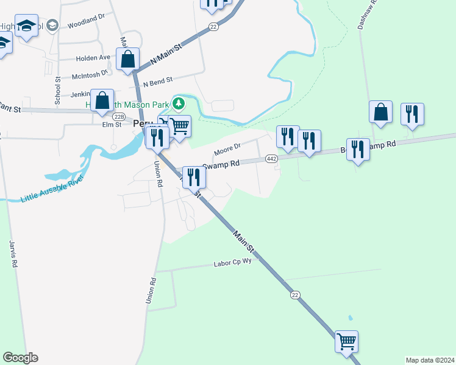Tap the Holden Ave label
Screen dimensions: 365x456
click(93, 58)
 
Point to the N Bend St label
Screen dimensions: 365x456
click(158, 80)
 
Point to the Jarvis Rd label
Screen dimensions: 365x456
click(12, 255)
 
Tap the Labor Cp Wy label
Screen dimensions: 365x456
click(232, 264)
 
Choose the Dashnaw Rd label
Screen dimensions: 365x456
click(368, 15)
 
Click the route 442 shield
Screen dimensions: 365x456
click(272, 159)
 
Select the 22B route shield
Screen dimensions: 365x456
click(118, 117)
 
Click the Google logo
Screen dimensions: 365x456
click(20, 357)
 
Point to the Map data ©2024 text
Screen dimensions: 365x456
click(429, 360)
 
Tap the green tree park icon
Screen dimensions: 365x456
click(179, 103)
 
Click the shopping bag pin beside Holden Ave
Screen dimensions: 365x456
click(127, 60)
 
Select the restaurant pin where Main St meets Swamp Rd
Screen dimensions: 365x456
click(194, 177)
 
